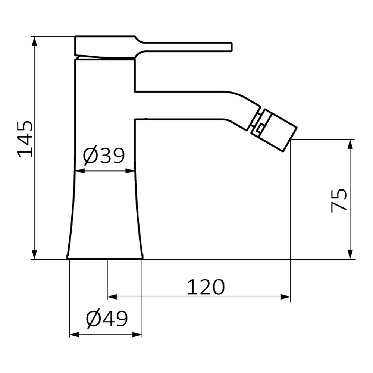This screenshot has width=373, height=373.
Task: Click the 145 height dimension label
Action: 25,139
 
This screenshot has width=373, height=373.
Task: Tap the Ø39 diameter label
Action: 104,156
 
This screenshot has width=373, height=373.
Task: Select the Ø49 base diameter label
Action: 107,319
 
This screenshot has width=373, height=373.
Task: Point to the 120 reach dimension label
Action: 206,287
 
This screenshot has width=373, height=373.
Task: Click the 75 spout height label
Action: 339,200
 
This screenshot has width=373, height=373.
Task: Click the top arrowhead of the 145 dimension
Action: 34,41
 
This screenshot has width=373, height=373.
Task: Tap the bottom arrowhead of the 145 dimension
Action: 34,254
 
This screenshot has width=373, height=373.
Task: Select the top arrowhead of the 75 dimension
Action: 350,144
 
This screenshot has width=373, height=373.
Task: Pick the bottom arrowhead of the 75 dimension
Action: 350,254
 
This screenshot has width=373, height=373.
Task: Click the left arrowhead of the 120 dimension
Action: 112,297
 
